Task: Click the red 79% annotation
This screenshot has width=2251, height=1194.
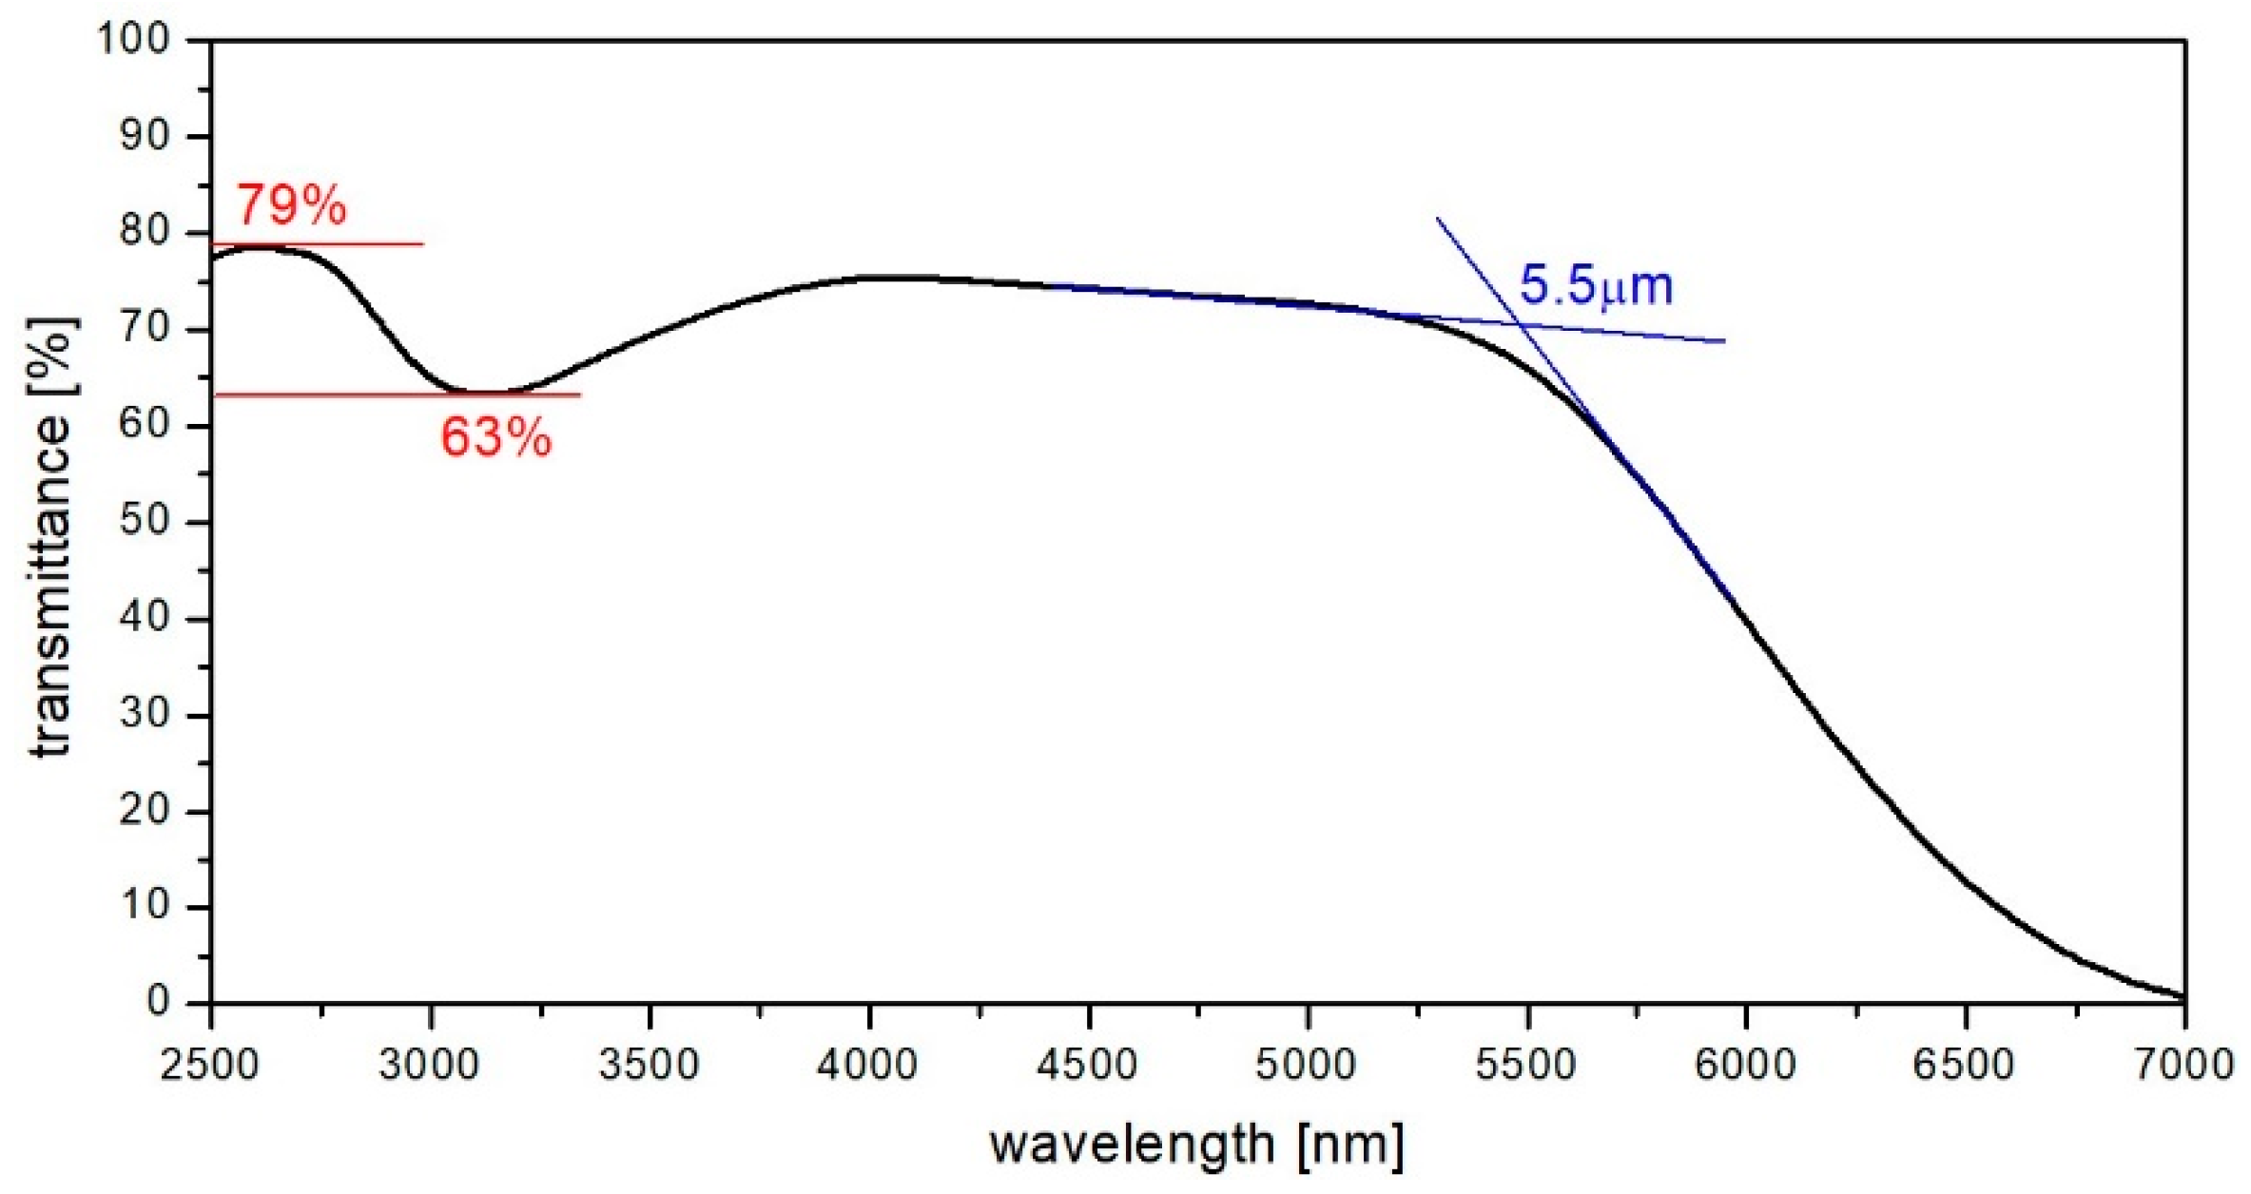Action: point(291,204)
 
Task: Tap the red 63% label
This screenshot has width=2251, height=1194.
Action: point(495,438)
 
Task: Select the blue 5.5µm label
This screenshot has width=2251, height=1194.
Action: point(1596,285)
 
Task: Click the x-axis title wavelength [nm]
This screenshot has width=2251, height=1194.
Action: point(1195,1144)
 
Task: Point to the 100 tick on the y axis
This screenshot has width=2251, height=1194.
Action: point(133,39)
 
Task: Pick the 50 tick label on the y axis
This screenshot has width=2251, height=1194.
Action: point(144,521)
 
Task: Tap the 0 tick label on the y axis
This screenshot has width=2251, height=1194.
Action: point(158,1001)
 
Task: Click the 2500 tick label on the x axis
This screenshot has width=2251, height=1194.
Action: point(210,1064)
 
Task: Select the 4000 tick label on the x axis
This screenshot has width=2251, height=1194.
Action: point(867,1064)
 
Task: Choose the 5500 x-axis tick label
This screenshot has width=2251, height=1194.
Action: point(1525,1064)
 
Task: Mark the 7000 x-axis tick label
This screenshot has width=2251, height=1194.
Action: point(2183,1064)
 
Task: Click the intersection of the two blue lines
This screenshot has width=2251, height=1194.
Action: point(1522,325)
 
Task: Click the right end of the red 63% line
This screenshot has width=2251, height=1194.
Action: point(579,395)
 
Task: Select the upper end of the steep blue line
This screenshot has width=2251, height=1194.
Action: point(1437,219)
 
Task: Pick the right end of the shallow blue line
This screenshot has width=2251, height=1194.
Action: point(1724,340)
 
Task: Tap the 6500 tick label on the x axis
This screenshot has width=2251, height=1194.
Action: point(1964,1064)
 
